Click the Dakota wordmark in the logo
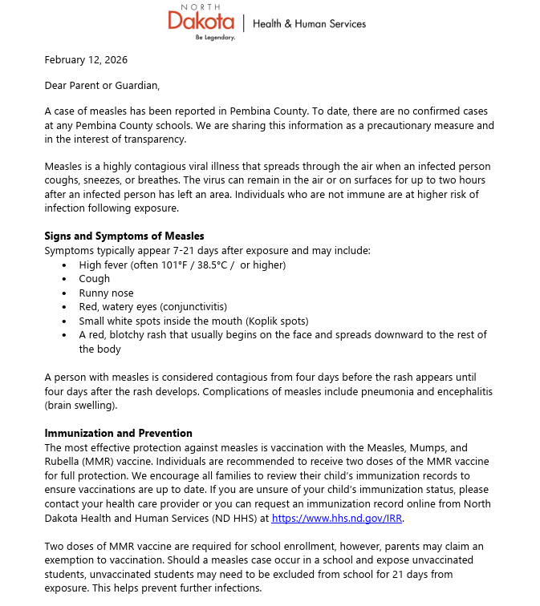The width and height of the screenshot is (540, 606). [x=201, y=22]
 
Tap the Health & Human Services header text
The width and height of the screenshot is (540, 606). [x=309, y=24]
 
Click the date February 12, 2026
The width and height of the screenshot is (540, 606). [x=86, y=59]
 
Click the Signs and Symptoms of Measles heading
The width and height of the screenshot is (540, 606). [x=124, y=236]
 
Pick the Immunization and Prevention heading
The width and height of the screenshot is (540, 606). [x=118, y=433]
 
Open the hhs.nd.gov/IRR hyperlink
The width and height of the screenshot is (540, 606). [x=338, y=519]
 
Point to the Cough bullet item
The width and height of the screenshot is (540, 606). [x=94, y=279]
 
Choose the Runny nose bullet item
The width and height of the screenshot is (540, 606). [x=106, y=293]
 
